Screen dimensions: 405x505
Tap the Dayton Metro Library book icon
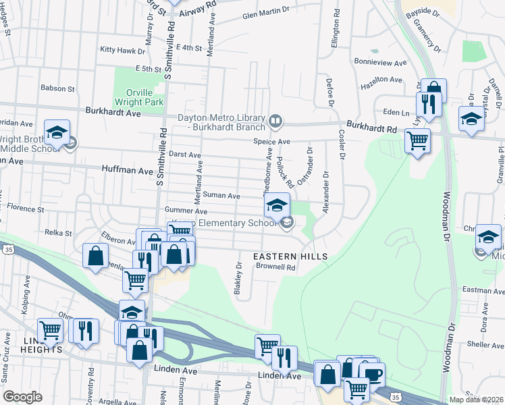point(275,122)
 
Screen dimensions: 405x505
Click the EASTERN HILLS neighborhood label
point(290,256)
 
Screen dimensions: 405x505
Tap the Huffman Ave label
point(128,171)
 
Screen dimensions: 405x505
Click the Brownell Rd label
point(275,267)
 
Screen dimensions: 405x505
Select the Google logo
point(22,397)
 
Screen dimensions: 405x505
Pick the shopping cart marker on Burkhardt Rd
point(418,141)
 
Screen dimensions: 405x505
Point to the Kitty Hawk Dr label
point(122,51)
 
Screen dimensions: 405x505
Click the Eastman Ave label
point(481,290)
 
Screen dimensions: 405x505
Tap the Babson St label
point(57,88)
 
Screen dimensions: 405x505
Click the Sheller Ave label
point(485,344)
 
